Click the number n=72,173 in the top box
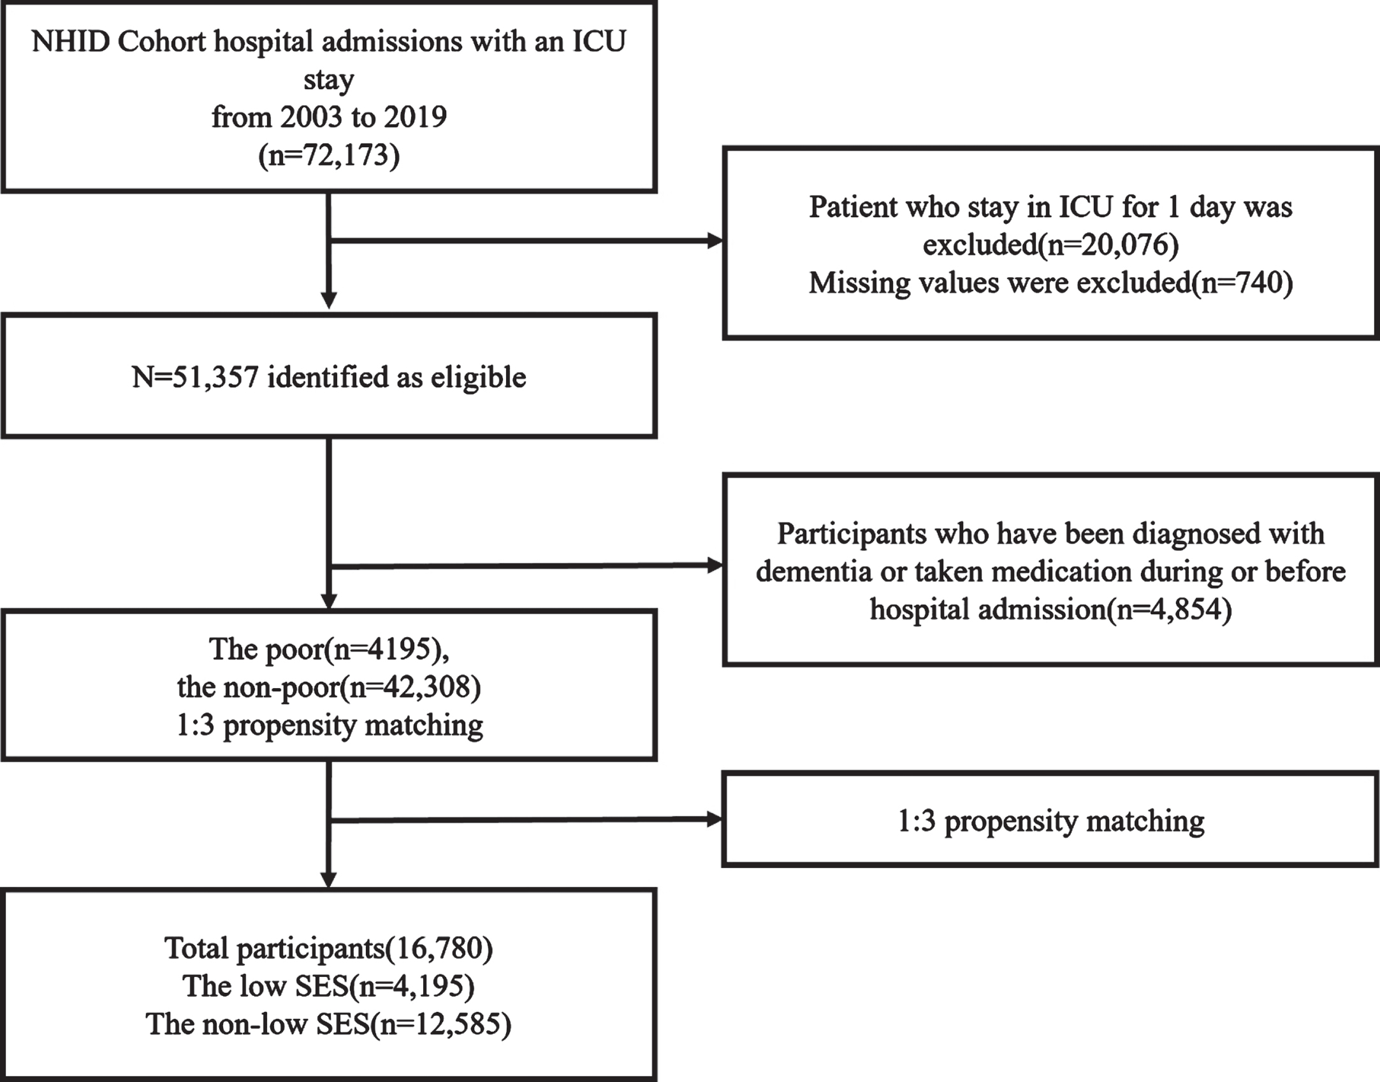[329, 155]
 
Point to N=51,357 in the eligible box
[195, 377]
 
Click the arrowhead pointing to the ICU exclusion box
[716, 241]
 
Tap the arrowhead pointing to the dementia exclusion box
[716, 565]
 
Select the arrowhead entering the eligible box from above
[329, 301]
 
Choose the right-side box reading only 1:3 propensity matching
[1050, 819]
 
